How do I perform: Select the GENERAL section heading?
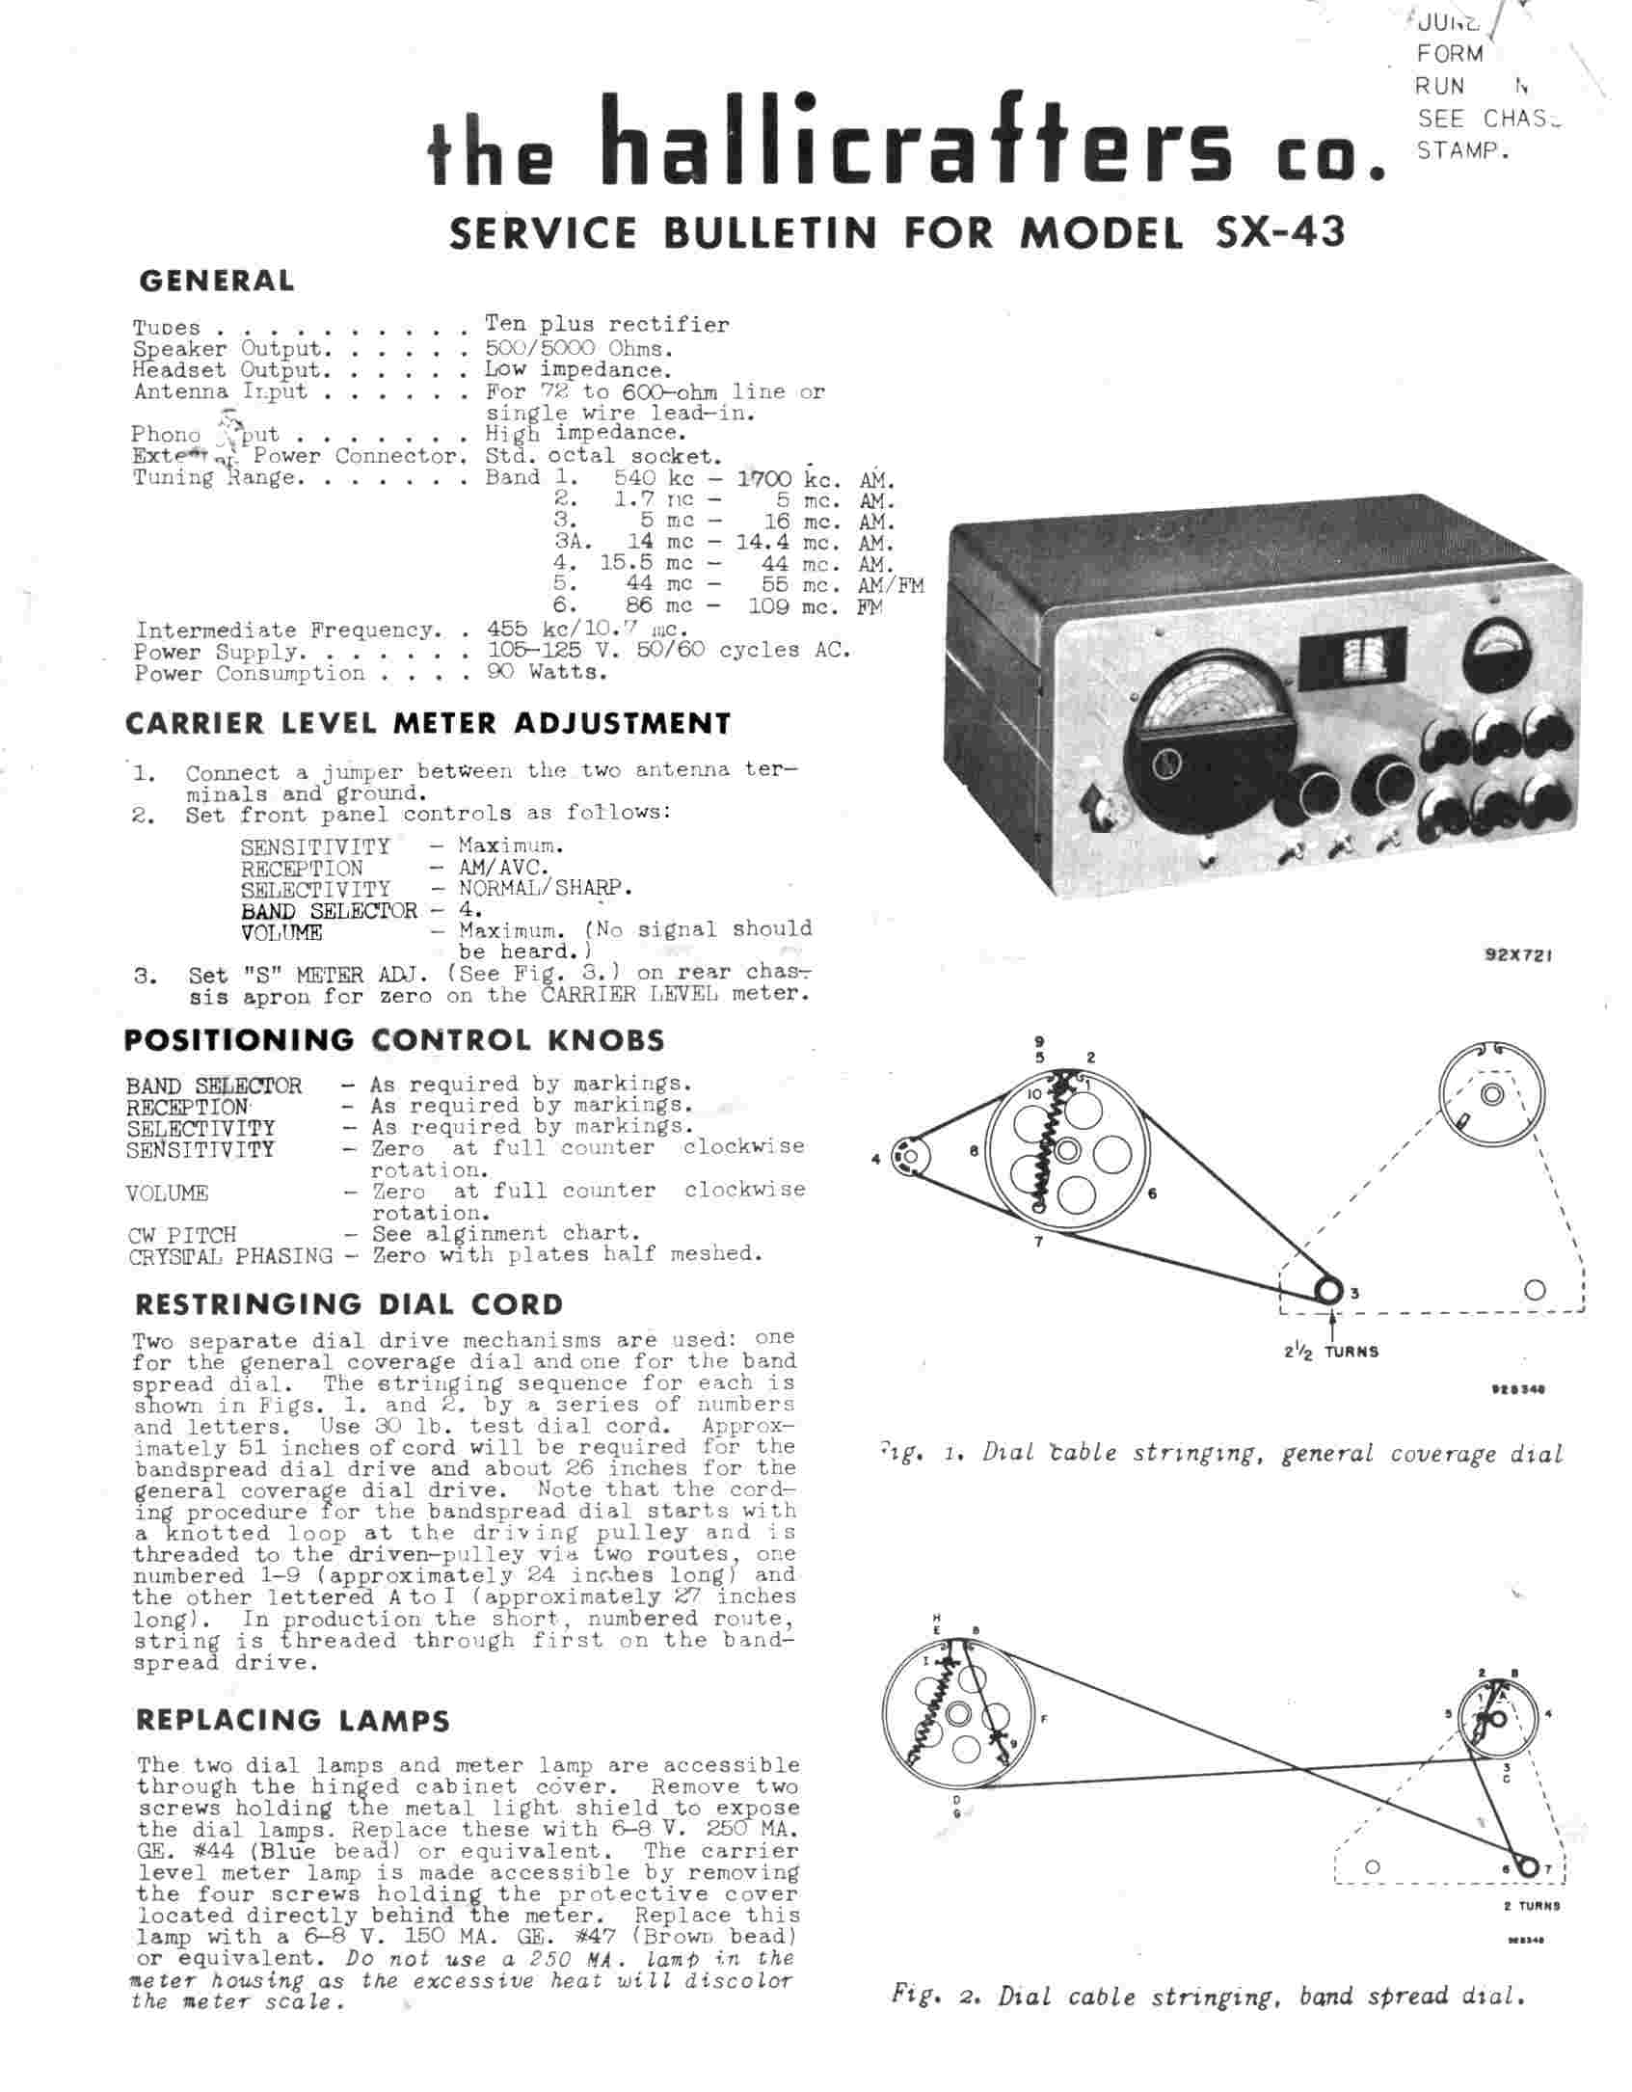pos(217,282)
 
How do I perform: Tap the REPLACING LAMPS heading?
pos(292,1721)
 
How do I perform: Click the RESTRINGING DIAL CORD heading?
pos(348,1304)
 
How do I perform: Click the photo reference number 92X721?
pos(1518,956)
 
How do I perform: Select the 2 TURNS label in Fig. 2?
pos(1531,1906)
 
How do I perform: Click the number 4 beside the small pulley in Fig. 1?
pos(876,1160)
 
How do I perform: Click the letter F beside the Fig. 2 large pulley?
pos(1045,1718)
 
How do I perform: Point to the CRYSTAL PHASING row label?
pos(229,1256)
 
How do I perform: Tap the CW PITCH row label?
pos(181,1235)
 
